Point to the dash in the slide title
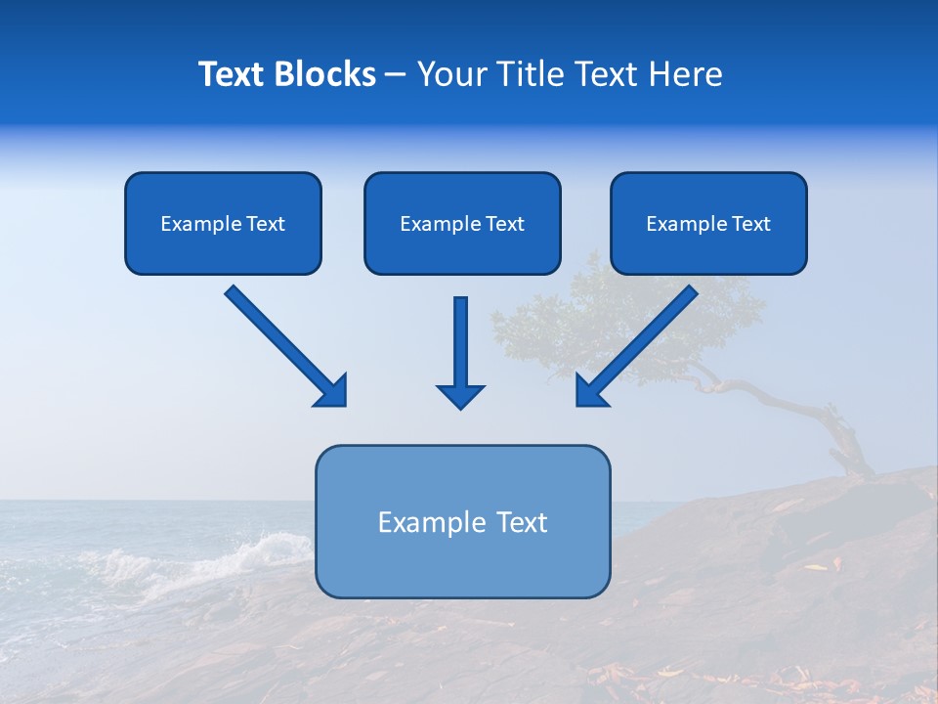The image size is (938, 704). (396, 75)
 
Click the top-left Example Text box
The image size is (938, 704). (223, 223)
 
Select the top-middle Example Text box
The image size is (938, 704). (462, 223)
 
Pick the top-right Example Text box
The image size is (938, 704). (708, 223)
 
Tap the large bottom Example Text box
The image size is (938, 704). (462, 521)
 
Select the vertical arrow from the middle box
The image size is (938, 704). (461, 347)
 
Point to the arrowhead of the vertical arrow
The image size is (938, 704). (461, 396)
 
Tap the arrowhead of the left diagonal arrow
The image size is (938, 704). (332, 391)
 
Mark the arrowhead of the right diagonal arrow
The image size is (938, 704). (590, 391)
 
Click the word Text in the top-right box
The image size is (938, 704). (750, 224)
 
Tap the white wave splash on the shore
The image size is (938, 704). (244, 552)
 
